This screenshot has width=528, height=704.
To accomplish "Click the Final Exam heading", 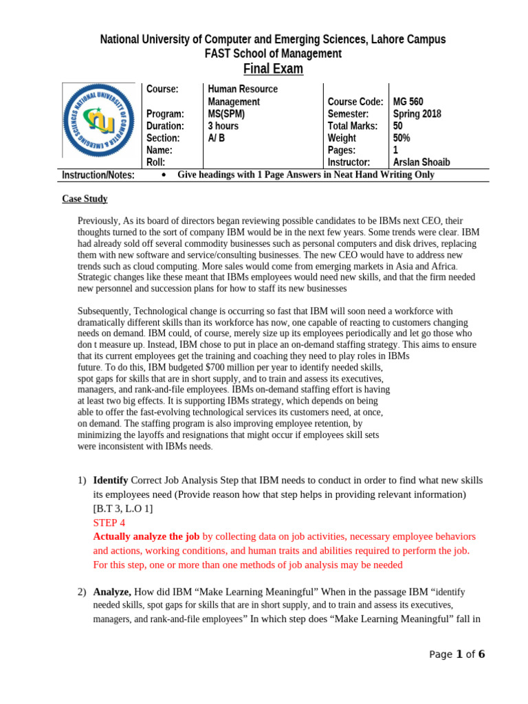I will (x=273, y=69).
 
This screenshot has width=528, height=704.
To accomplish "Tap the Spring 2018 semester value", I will (x=417, y=114).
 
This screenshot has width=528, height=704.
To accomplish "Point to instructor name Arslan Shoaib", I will (x=421, y=162).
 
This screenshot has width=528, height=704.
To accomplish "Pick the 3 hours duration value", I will (x=223, y=126).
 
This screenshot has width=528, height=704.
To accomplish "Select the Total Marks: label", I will (x=353, y=126).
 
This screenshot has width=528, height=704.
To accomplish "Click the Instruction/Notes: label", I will (x=98, y=175).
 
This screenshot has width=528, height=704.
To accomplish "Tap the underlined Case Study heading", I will (x=85, y=199).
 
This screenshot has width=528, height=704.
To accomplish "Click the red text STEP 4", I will (x=109, y=522).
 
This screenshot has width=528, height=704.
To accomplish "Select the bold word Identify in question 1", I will (x=110, y=480).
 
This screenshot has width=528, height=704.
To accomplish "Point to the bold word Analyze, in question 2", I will (x=113, y=591).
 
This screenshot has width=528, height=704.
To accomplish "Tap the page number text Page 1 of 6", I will (x=456, y=654).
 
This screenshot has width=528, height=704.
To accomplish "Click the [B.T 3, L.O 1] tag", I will (x=123, y=509).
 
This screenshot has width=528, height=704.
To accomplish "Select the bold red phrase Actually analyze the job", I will (x=146, y=536).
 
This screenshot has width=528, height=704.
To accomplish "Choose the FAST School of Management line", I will (x=273, y=54).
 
